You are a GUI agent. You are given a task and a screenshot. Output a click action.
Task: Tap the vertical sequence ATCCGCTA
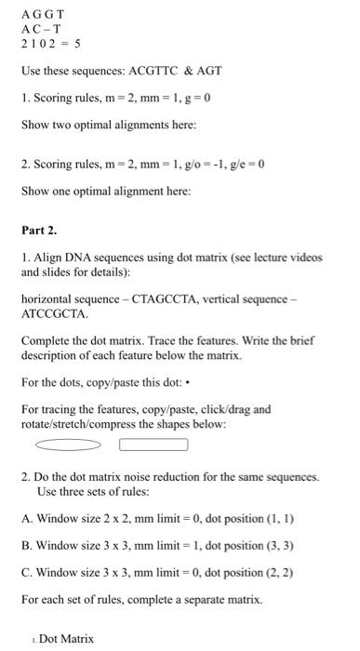(53, 314)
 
